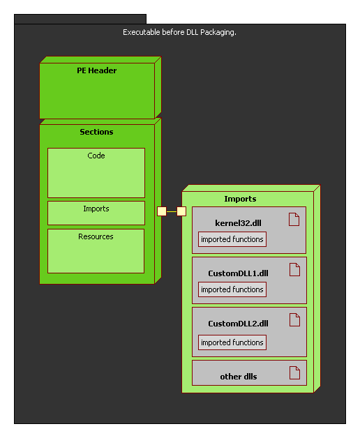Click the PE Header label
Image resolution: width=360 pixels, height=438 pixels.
97,70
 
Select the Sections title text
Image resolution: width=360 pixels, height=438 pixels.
96,132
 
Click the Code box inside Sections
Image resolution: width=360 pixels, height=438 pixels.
96,172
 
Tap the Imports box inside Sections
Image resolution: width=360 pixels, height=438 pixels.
96,213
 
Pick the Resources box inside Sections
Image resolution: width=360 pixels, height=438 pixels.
96,250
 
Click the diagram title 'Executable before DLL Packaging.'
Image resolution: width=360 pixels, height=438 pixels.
179,32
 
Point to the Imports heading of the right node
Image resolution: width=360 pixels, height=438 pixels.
240,199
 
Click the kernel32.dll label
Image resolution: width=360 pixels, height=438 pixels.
239,222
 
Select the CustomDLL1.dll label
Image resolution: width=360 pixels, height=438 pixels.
238,273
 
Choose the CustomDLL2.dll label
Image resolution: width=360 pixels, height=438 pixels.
238,324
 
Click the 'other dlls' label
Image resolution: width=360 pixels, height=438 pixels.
239,377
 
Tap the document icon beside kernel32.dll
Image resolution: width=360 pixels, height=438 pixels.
294,220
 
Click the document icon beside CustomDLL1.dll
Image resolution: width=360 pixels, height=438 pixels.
294,270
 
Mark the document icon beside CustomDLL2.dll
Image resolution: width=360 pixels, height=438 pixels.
294,320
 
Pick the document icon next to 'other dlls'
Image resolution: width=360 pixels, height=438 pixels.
294,372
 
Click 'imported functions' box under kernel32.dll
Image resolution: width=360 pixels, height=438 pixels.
232,240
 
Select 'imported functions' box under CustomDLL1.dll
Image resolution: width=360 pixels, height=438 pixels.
232,289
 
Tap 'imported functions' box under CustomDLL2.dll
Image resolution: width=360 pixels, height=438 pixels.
232,342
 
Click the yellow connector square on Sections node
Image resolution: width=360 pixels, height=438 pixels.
162,211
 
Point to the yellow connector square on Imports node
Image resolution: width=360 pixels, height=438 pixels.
181,211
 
